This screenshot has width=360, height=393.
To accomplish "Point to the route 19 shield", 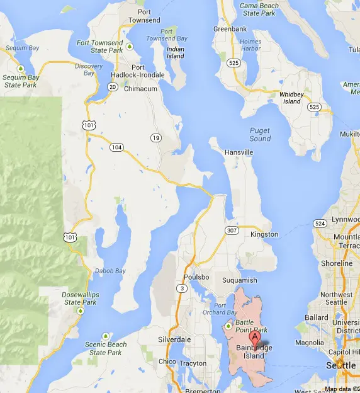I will pyautogui.click(x=155, y=138).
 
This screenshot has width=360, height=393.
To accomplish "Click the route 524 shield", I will pyautogui.click(x=320, y=224).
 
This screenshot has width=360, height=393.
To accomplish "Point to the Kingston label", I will pyautogui.click(x=264, y=234).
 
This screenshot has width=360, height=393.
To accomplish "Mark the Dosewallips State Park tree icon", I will pyautogui.click(x=80, y=311).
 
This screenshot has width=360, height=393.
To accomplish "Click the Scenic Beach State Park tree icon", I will pyautogui.click(x=105, y=336).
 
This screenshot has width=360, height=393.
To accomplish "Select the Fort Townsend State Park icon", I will pyautogui.click(x=129, y=46).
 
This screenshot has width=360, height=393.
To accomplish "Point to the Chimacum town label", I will pyautogui.click(x=140, y=89).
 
